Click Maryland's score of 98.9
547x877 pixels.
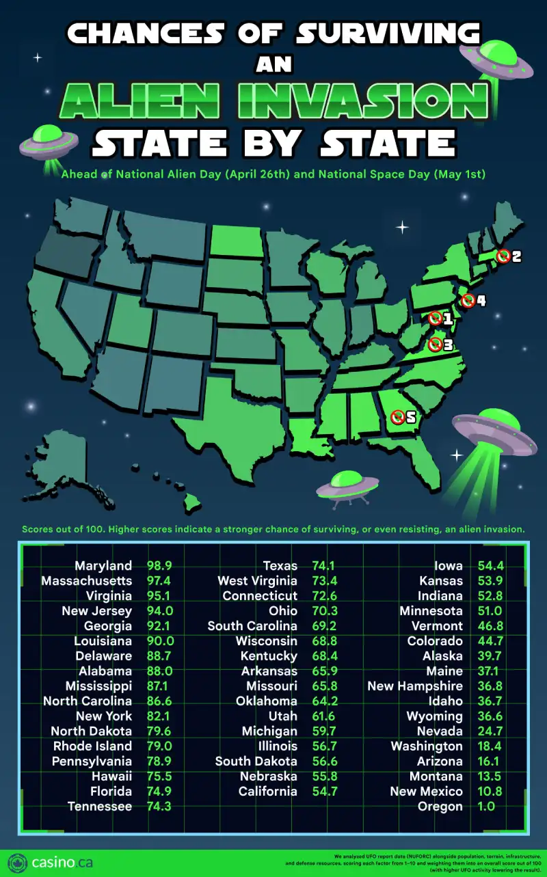click(x=160, y=566)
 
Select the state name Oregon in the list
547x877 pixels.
click(x=440, y=807)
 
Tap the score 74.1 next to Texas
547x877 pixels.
click(x=325, y=566)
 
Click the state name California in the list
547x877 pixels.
click(x=267, y=792)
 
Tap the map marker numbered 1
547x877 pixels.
click(x=435, y=318)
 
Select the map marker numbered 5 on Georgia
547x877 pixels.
click(x=397, y=416)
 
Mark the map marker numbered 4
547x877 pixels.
click(x=468, y=301)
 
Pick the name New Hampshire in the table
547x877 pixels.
click(x=414, y=686)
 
